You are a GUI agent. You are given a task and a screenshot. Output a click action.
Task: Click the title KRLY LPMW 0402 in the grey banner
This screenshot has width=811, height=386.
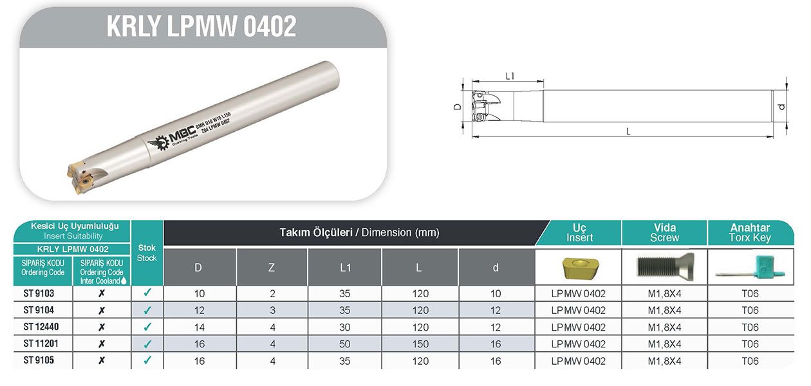click(x=201, y=26)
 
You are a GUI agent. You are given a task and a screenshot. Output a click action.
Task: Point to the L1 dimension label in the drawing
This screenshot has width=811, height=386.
click(x=510, y=76)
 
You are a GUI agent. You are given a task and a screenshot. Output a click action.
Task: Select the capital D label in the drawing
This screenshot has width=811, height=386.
click(x=458, y=107)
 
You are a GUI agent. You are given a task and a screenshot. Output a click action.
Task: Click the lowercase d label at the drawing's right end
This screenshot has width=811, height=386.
click(x=782, y=107)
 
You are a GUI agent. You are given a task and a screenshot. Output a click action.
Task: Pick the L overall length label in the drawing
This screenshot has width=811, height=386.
click(x=628, y=131)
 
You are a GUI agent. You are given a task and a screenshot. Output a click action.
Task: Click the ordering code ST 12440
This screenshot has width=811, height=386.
click(x=41, y=327)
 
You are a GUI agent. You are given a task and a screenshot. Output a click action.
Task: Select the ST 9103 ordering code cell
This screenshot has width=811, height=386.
click(x=39, y=293)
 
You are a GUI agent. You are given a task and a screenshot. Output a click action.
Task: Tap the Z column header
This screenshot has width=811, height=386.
click(x=272, y=268)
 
